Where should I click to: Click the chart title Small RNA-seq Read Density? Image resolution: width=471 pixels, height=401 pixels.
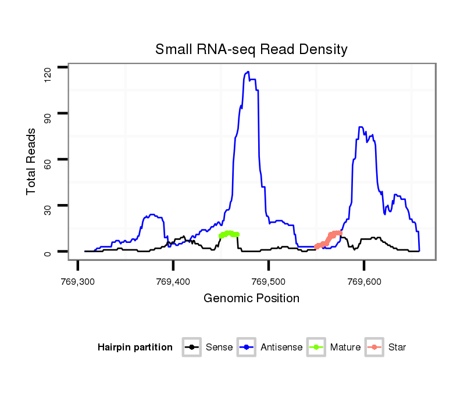point(251,49)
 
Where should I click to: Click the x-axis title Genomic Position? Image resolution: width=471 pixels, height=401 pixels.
point(251,299)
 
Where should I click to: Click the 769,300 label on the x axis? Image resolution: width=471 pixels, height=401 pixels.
point(78,282)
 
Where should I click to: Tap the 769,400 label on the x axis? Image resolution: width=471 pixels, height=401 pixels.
point(173,282)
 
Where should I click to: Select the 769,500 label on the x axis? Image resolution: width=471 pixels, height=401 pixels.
point(269,282)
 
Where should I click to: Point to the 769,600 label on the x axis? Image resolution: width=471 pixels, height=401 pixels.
point(364,282)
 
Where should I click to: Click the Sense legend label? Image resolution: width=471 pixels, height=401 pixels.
point(219,348)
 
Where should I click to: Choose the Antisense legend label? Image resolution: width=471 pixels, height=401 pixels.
point(281,348)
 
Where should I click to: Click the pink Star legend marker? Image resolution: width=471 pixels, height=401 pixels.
point(374,348)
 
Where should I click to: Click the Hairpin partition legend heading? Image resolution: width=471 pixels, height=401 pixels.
point(135,348)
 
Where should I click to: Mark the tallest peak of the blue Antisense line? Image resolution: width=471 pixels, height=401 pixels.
point(248,72)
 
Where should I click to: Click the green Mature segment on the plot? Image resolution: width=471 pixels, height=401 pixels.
point(229,234)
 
